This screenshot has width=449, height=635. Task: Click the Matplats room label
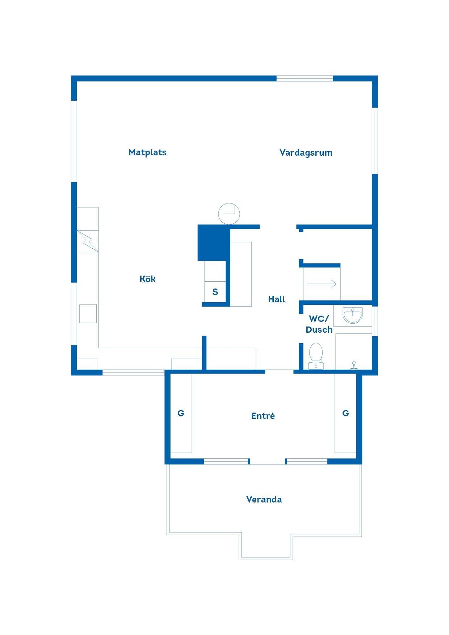point(147,152)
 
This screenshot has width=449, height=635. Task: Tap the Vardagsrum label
point(306,153)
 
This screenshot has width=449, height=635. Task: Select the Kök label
point(148,279)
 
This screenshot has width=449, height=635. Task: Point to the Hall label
point(277,299)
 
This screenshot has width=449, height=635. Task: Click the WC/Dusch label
point(319,324)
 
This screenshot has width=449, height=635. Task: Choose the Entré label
point(263,416)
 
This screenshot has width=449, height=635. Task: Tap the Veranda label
point(264,500)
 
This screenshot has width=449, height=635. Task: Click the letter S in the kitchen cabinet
point(215,292)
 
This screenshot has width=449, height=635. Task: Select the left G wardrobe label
point(181,413)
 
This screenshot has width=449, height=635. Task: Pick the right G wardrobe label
point(345,413)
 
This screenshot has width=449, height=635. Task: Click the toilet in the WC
point(316,356)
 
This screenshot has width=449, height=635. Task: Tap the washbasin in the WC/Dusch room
point(352,315)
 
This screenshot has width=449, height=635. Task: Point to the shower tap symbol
point(354,365)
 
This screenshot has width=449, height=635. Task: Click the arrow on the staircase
point(322,284)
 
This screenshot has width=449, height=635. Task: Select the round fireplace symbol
point(229,214)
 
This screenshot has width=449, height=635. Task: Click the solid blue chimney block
point(214,243)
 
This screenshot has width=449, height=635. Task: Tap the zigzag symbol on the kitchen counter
point(88,241)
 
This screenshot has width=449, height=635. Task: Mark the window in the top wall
point(305,78)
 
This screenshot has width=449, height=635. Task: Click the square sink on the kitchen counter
point(88,314)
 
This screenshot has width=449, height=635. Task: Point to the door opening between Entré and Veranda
point(268,461)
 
